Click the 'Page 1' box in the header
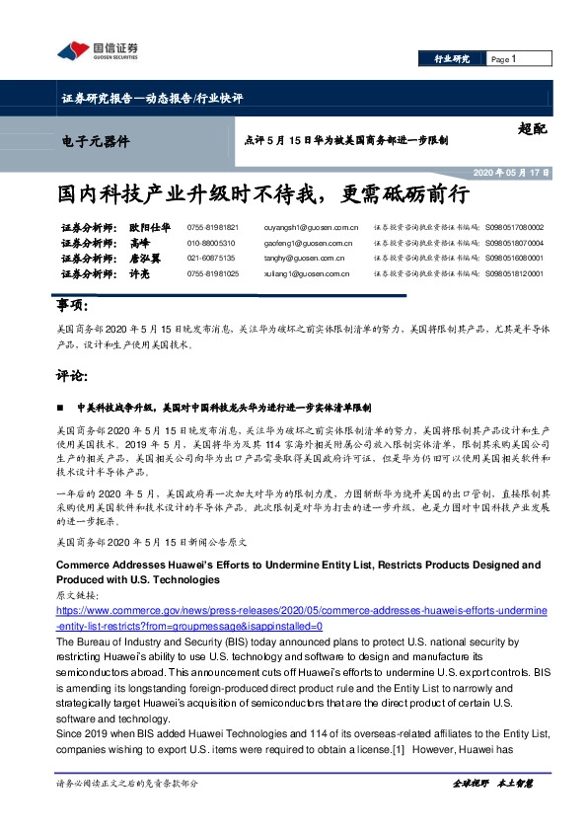coord(514,60)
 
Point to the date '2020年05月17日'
coord(510,172)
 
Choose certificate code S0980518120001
coord(513,272)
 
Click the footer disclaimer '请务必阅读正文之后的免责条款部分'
coord(129,783)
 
